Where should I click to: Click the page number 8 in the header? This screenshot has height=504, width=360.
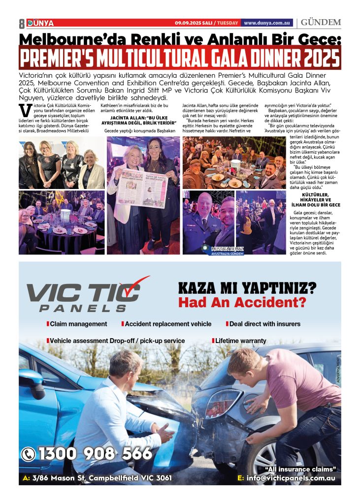click(x=22, y=23)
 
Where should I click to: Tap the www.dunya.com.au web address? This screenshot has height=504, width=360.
click(x=268, y=23)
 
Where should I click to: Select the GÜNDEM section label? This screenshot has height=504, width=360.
click(x=321, y=23)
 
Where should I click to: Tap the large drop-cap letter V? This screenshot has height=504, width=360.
click(x=22, y=109)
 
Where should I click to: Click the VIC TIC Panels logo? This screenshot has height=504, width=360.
click(x=86, y=295)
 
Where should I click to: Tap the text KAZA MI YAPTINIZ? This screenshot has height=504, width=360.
click(x=247, y=286)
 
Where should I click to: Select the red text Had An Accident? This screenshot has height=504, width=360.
click(x=242, y=302)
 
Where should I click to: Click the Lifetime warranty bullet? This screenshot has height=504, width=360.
click(x=240, y=341)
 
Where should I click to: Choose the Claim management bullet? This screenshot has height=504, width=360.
click(x=77, y=324)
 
